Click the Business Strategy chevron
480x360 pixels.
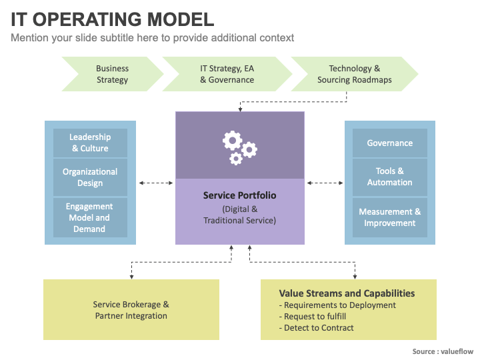coord(113,74)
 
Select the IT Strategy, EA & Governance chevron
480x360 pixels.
coord(227,74)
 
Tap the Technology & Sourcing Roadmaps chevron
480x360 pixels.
coord(355,74)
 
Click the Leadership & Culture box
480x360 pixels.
coord(90,143)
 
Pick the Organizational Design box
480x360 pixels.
coord(90,177)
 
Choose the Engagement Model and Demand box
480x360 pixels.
coord(90,217)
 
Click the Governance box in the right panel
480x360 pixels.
coord(390,143)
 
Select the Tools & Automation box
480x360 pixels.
coord(390,177)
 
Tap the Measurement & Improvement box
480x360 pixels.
coord(390,217)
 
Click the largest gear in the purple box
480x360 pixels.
coord(233,141)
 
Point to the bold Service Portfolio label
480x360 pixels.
coord(240,195)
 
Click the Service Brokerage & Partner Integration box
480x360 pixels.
coord(131,309)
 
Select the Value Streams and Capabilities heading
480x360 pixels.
coord(347,293)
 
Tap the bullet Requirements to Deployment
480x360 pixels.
coord(337,305)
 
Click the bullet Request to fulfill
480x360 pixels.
coord(313,317)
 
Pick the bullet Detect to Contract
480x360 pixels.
coord(316,328)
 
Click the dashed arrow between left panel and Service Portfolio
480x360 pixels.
coord(156,183)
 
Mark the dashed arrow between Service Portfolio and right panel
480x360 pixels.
coord(325,183)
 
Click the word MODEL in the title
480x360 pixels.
coord(181,19)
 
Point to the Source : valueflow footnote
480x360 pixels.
coord(443,351)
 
